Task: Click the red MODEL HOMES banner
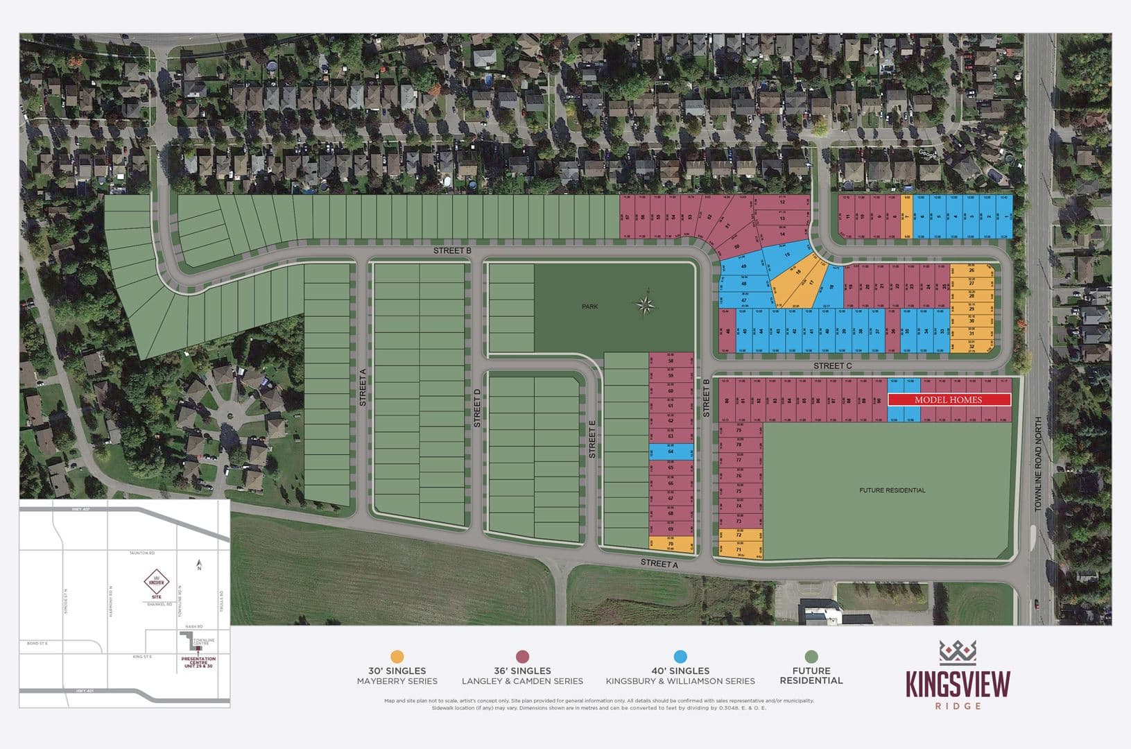pyautogui.click(x=948, y=400)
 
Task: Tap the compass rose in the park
pyautogui.click(x=646, y=304)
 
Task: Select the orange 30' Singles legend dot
pyautogui.click(x=397, y=657)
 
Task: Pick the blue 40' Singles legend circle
pyautogui.click(x=680, y=657)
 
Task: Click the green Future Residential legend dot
pyautogui.click(x=811, y=657)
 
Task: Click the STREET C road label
pyautogui.click(x=832, y=365)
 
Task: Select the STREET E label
pyautogui.click(x=592, y=442)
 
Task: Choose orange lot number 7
pyautogui.click(x=906, y=217)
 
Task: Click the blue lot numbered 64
pyautogui.click(x=671, y=452)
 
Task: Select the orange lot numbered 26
pyautogui.click(x=972, y=270)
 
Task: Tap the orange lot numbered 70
pyautogui.click(x=671, y=544)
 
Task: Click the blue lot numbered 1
pyautogui.click(x=1006, y=217)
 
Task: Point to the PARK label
pyautogui.click(x=590, y=307)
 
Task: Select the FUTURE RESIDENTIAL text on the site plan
pyautogui.click(x=892, y=490)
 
